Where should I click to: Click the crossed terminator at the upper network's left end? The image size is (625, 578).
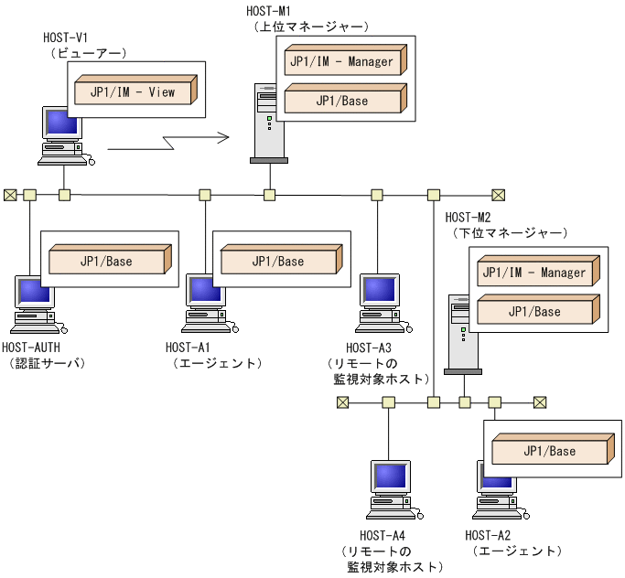pyautogui.click(x=10, y=194)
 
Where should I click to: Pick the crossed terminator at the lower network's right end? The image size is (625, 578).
pyautogui.click(x=540, y=401)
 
